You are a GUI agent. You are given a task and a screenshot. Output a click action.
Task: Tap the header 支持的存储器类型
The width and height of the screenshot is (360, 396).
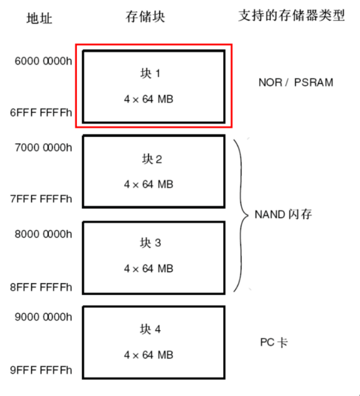pos(292,16)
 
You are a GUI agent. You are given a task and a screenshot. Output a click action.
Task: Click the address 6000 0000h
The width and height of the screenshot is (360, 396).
pos(43,61)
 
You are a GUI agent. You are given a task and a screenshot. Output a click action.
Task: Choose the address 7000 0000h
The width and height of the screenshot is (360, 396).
pos(43,148)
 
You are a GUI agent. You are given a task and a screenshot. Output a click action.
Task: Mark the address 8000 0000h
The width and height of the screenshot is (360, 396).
pos(43,233)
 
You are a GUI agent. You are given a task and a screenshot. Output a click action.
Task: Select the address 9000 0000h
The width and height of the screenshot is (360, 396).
pos(43,317)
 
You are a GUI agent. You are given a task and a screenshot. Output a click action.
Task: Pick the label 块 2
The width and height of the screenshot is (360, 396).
pos(150,160)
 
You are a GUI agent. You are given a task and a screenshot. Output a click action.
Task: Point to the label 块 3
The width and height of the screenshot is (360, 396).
pos(150,243)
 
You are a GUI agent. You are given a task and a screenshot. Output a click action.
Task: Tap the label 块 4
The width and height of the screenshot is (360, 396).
pos(150,330)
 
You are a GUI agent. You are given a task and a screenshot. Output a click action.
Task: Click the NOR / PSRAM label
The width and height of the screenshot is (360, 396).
pos(295,83)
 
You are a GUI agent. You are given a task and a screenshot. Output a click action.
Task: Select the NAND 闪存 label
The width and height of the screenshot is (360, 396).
pos(283,214)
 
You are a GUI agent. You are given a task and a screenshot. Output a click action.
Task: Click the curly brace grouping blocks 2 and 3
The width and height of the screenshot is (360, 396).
pos(240,214)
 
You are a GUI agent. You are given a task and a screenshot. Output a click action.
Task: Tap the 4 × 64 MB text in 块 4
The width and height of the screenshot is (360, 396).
pos(149,355)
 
